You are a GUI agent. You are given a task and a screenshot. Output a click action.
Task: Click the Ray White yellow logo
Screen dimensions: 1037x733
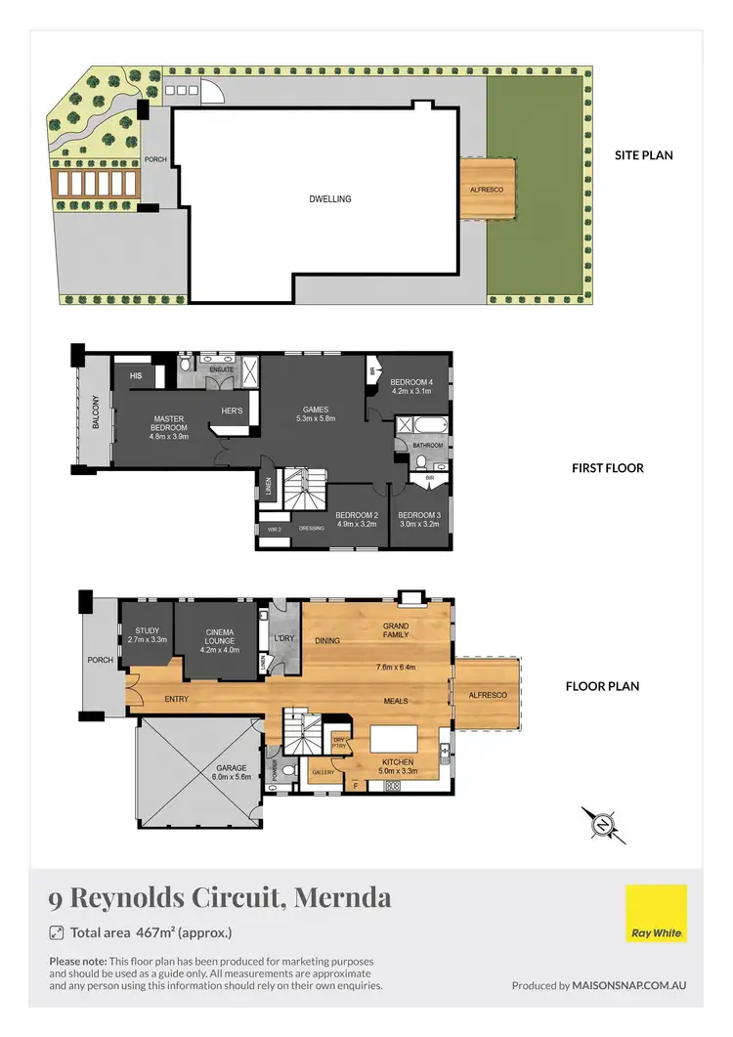(656, 914)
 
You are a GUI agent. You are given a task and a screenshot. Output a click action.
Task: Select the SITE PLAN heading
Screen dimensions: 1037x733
(643, 154)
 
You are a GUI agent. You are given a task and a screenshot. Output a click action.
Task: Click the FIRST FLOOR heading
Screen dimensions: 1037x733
(607, 468)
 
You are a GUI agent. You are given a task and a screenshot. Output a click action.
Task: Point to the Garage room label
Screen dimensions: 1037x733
(232, 772)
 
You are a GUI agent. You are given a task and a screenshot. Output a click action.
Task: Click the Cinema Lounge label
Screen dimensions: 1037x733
(219, 637)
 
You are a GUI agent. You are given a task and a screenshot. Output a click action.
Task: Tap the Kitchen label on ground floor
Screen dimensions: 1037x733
(398, 766)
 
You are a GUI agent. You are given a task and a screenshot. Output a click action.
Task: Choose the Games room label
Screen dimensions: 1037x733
(316, 414)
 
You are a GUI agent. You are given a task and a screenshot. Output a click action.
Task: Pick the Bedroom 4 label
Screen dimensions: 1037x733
(410, 386)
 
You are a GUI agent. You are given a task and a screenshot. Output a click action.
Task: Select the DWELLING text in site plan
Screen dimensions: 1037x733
(329, 199)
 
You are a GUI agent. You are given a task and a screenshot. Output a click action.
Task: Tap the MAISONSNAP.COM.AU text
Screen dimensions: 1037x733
(629, 985)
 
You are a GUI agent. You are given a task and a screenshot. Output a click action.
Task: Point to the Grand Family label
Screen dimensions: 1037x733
(396, 629)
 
